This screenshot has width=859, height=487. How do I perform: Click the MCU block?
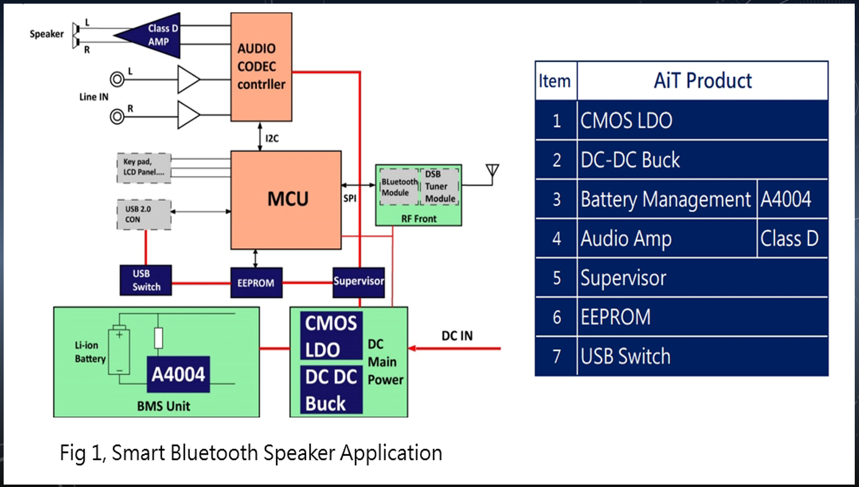point(286,200)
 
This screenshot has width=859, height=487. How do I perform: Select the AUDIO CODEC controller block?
point(261,67)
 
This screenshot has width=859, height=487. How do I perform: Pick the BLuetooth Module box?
point(399,187)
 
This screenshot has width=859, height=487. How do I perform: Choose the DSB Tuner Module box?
point(440,187)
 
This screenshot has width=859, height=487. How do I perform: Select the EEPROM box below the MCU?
point(256,283)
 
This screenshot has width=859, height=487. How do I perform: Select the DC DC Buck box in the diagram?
point(331,390)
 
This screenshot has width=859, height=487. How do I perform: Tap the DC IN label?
point(457,336)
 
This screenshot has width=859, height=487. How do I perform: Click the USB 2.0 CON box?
point(143,214)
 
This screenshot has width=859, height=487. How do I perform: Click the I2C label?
point(272,138)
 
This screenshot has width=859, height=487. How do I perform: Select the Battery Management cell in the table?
point(666,199)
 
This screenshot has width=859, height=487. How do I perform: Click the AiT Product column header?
point(703,80)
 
